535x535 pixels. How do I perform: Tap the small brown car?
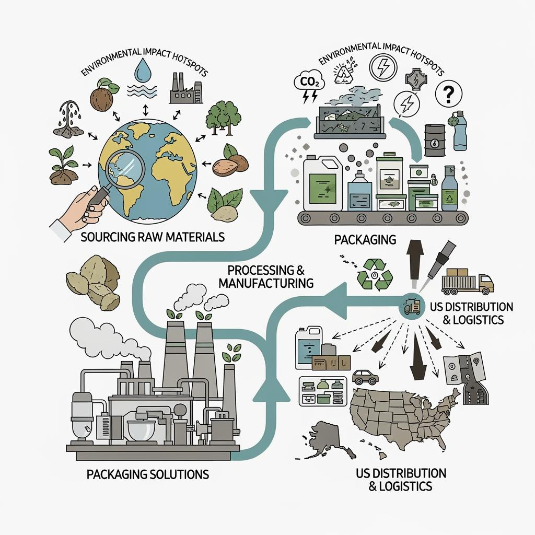click(366, 376)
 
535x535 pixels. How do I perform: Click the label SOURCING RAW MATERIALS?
click(153, 237)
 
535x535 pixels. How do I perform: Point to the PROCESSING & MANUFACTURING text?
click(266, 277)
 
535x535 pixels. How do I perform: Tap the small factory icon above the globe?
click(185, 88)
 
